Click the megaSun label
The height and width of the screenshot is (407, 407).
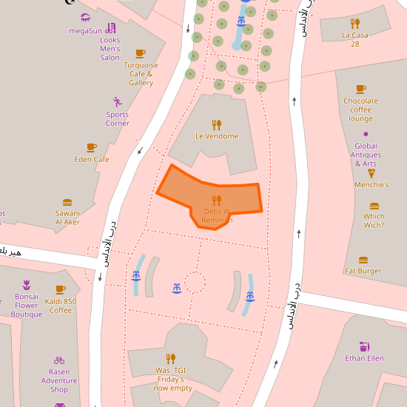click(85, 30)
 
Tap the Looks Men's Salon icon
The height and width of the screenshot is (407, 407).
click(111, 27)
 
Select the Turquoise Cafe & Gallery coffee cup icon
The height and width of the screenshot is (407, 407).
click(141, 53)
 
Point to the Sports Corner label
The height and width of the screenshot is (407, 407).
click(117, 119)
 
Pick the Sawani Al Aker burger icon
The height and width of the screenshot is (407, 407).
click(67, 203)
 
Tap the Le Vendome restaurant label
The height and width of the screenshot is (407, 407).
click(217, 136)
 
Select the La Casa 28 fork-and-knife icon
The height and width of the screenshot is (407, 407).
click(355, 23)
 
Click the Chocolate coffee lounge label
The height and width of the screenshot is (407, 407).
click(360, 110)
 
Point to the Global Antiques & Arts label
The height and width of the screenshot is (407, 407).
click(366, 155)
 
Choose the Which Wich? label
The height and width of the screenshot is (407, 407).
click(374, 221)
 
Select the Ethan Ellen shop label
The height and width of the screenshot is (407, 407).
click(364, 358)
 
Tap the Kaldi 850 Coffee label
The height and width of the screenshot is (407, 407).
click(61, 306)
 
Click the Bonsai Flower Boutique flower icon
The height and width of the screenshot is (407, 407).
click(27, 284)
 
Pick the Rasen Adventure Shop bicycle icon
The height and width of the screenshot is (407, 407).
click(59, 360)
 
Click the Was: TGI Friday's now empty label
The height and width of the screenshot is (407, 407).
click(172, 379)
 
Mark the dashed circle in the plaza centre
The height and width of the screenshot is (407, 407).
click(195, 281)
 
